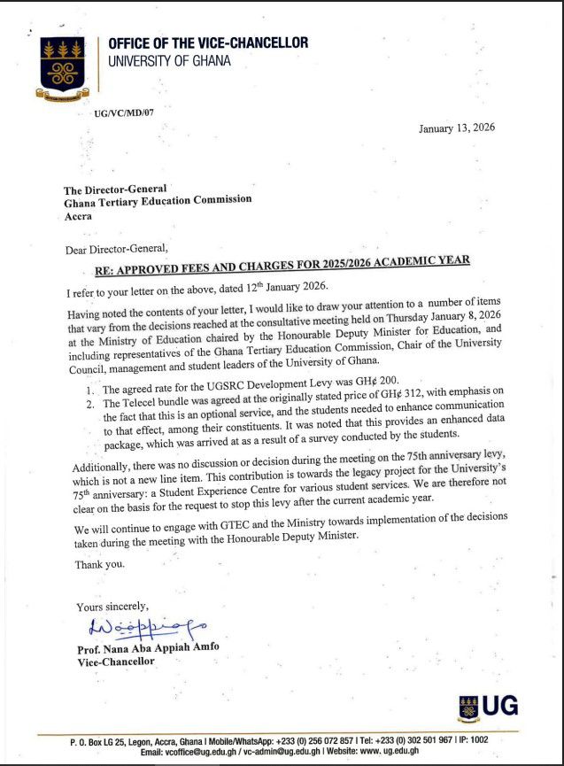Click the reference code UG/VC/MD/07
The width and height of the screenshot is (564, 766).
click(124, 113)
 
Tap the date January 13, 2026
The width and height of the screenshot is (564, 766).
click(457, 128)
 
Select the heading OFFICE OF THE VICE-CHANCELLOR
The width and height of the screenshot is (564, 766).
click(208, 43)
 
